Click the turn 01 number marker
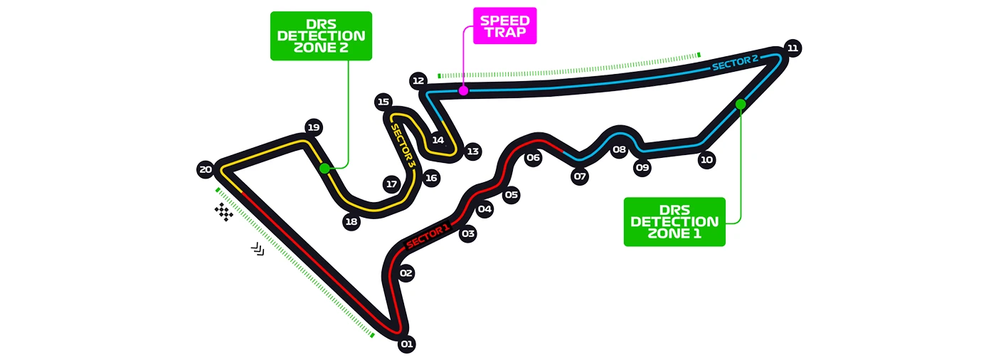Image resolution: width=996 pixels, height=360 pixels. coord(406,344)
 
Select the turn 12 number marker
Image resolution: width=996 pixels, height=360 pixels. coord(418,81)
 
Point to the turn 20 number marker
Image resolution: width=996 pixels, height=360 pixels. coord(206,169)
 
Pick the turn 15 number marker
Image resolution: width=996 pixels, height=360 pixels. coord(384,102)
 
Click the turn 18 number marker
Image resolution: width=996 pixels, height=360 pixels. coord(351,222)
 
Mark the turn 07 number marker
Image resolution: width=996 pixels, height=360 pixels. coord(580,176)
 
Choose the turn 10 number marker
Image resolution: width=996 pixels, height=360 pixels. coord(706,160)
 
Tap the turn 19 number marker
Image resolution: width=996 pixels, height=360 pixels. coord(313,127)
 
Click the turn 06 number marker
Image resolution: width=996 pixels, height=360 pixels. coord(534,158)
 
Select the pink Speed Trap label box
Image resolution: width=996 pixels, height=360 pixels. coord(504,26)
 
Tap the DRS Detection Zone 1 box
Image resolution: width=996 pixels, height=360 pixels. coord(674,222)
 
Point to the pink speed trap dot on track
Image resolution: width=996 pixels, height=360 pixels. coord(463,90)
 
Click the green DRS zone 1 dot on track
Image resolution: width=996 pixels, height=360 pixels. coord(741,104)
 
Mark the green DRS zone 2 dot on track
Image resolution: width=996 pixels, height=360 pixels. coord(325,169)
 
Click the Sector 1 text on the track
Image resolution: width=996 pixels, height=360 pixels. coord(428,235)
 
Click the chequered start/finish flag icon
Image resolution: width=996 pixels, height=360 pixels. coord(224,211)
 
